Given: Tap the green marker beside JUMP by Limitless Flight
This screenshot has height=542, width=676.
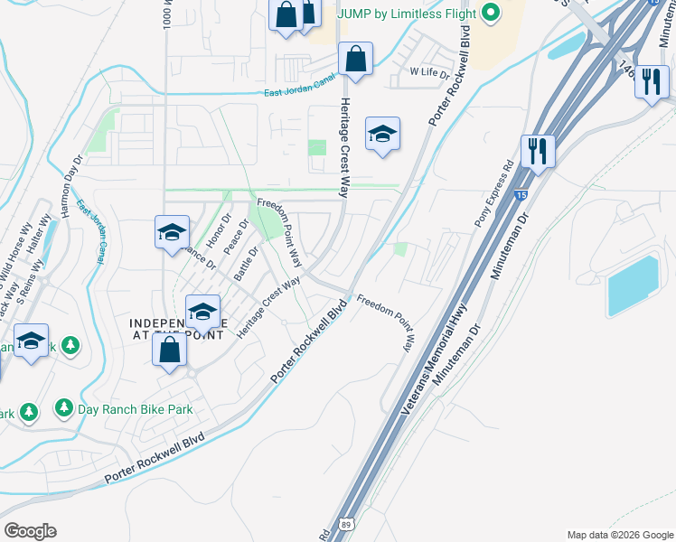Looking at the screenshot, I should (x=491, y=13).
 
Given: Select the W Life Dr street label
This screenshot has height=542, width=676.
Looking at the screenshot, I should (x=429, y=71).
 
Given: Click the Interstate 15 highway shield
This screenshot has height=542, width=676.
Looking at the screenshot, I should (x=521, y=194).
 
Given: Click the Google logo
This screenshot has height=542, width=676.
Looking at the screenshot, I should (x=30, y=531).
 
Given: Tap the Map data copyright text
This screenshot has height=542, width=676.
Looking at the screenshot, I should (x=619, y=535).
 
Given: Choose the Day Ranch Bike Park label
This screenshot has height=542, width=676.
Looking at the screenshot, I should (x=136, y=409).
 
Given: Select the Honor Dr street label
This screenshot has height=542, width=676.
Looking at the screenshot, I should (x=214, y=234).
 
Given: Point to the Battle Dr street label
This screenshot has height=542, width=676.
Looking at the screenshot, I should (x=247, y=263).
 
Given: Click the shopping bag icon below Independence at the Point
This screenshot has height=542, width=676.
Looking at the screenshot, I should (x=169, y=350).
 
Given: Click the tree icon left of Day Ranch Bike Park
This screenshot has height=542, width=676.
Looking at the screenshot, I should (x=64, y=408).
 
